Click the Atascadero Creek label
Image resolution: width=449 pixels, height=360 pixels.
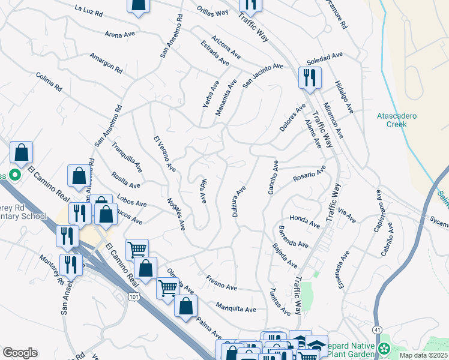coord(396,120)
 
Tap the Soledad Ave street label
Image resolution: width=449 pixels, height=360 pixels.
coord(324,58)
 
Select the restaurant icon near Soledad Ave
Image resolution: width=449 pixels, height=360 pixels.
coord(310,78)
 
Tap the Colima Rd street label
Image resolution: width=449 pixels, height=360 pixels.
coord(49,82)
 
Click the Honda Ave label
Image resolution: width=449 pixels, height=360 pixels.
coord(304,221)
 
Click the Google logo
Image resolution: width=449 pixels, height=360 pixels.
coord(20,352)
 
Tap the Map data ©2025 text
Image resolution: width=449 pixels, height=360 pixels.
coord(423,355)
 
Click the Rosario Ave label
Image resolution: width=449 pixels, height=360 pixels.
coord(309,173)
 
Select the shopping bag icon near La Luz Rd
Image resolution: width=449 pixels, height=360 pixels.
coord(138,5)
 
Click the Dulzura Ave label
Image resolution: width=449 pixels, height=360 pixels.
coord(238,202)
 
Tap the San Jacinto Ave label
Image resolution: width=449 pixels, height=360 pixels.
coord(262,76)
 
